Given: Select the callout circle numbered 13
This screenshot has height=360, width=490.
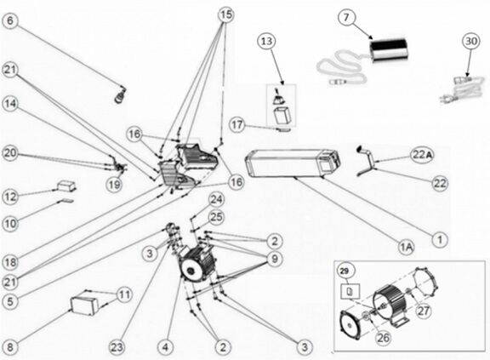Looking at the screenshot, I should pyautogui.click(x=268, y=42).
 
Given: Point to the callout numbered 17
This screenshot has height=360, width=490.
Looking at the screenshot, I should pyautogui.click(x=236, y=125).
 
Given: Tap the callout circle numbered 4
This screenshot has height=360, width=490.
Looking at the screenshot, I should pyautogui.click(x=166, y=347).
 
